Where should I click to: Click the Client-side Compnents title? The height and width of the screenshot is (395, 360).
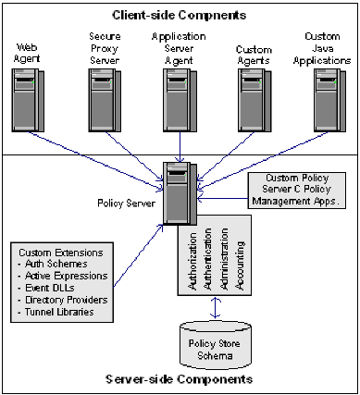click(179, 15)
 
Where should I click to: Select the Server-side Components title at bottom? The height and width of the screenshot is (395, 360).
click(179, 379)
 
